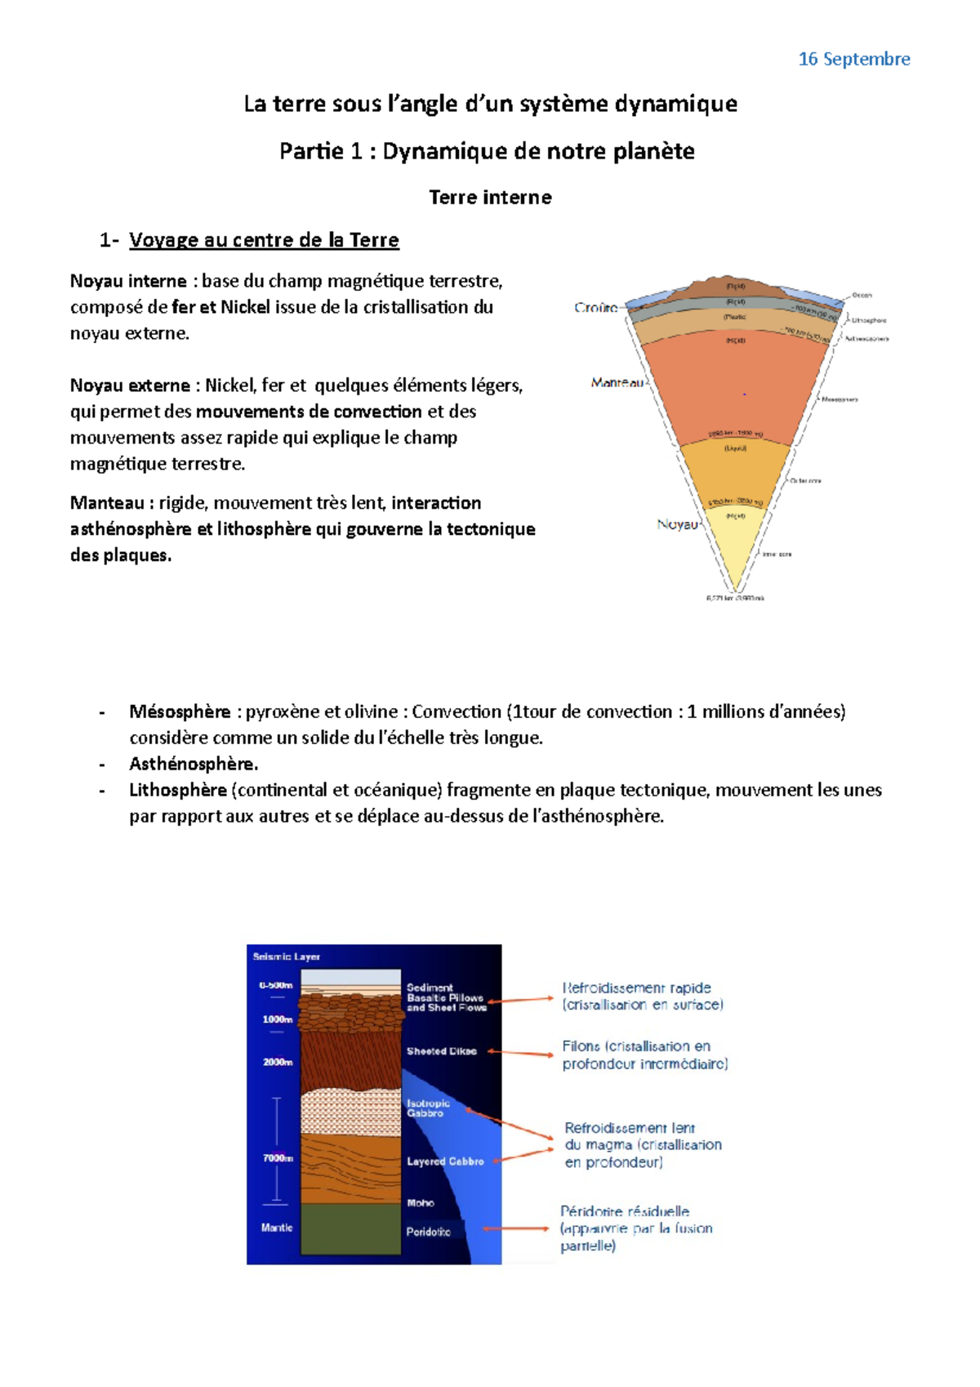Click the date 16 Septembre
coord(853,59)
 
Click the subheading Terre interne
coord(490,197)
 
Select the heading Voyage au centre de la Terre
coord(264,240)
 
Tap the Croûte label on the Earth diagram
coord(595,307)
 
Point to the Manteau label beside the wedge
coord(617,382)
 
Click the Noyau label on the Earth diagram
coord(677,524)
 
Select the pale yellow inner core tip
coord(735,547)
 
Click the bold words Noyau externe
coord(130,386)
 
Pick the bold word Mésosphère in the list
coord(180,711)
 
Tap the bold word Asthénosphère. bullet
coord(193,764)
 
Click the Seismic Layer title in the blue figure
coord(286,957)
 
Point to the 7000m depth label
coord(278,1158)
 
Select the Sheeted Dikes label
coord(441,1051)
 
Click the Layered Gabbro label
coord(445,1162)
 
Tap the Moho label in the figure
coord(421,1203)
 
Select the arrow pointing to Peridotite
coord(516,1229)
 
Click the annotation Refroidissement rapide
coord(636,988)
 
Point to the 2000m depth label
coord(278,1062)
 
